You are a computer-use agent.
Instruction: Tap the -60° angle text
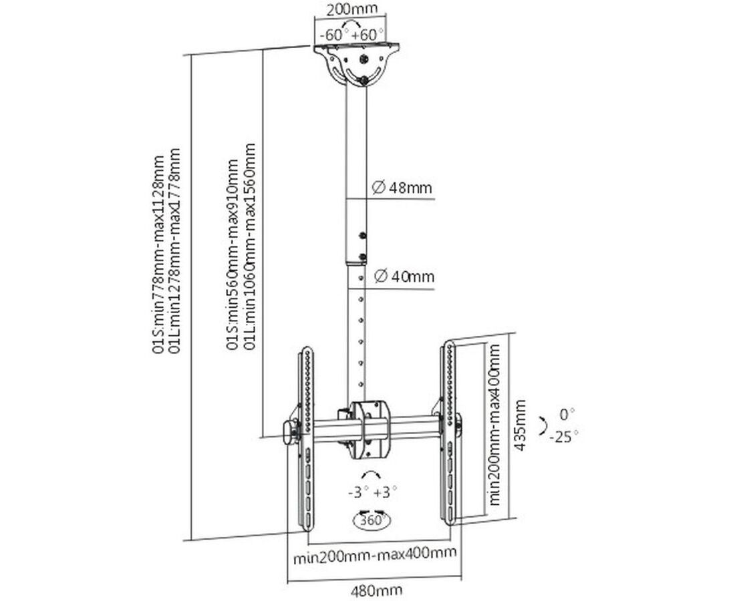331,33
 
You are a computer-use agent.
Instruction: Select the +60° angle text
368,33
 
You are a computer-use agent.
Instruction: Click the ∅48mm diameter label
402,188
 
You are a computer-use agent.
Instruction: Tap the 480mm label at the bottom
377,590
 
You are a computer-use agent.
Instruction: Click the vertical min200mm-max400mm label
494,425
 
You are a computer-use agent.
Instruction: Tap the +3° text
386,492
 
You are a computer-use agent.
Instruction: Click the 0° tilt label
568,413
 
